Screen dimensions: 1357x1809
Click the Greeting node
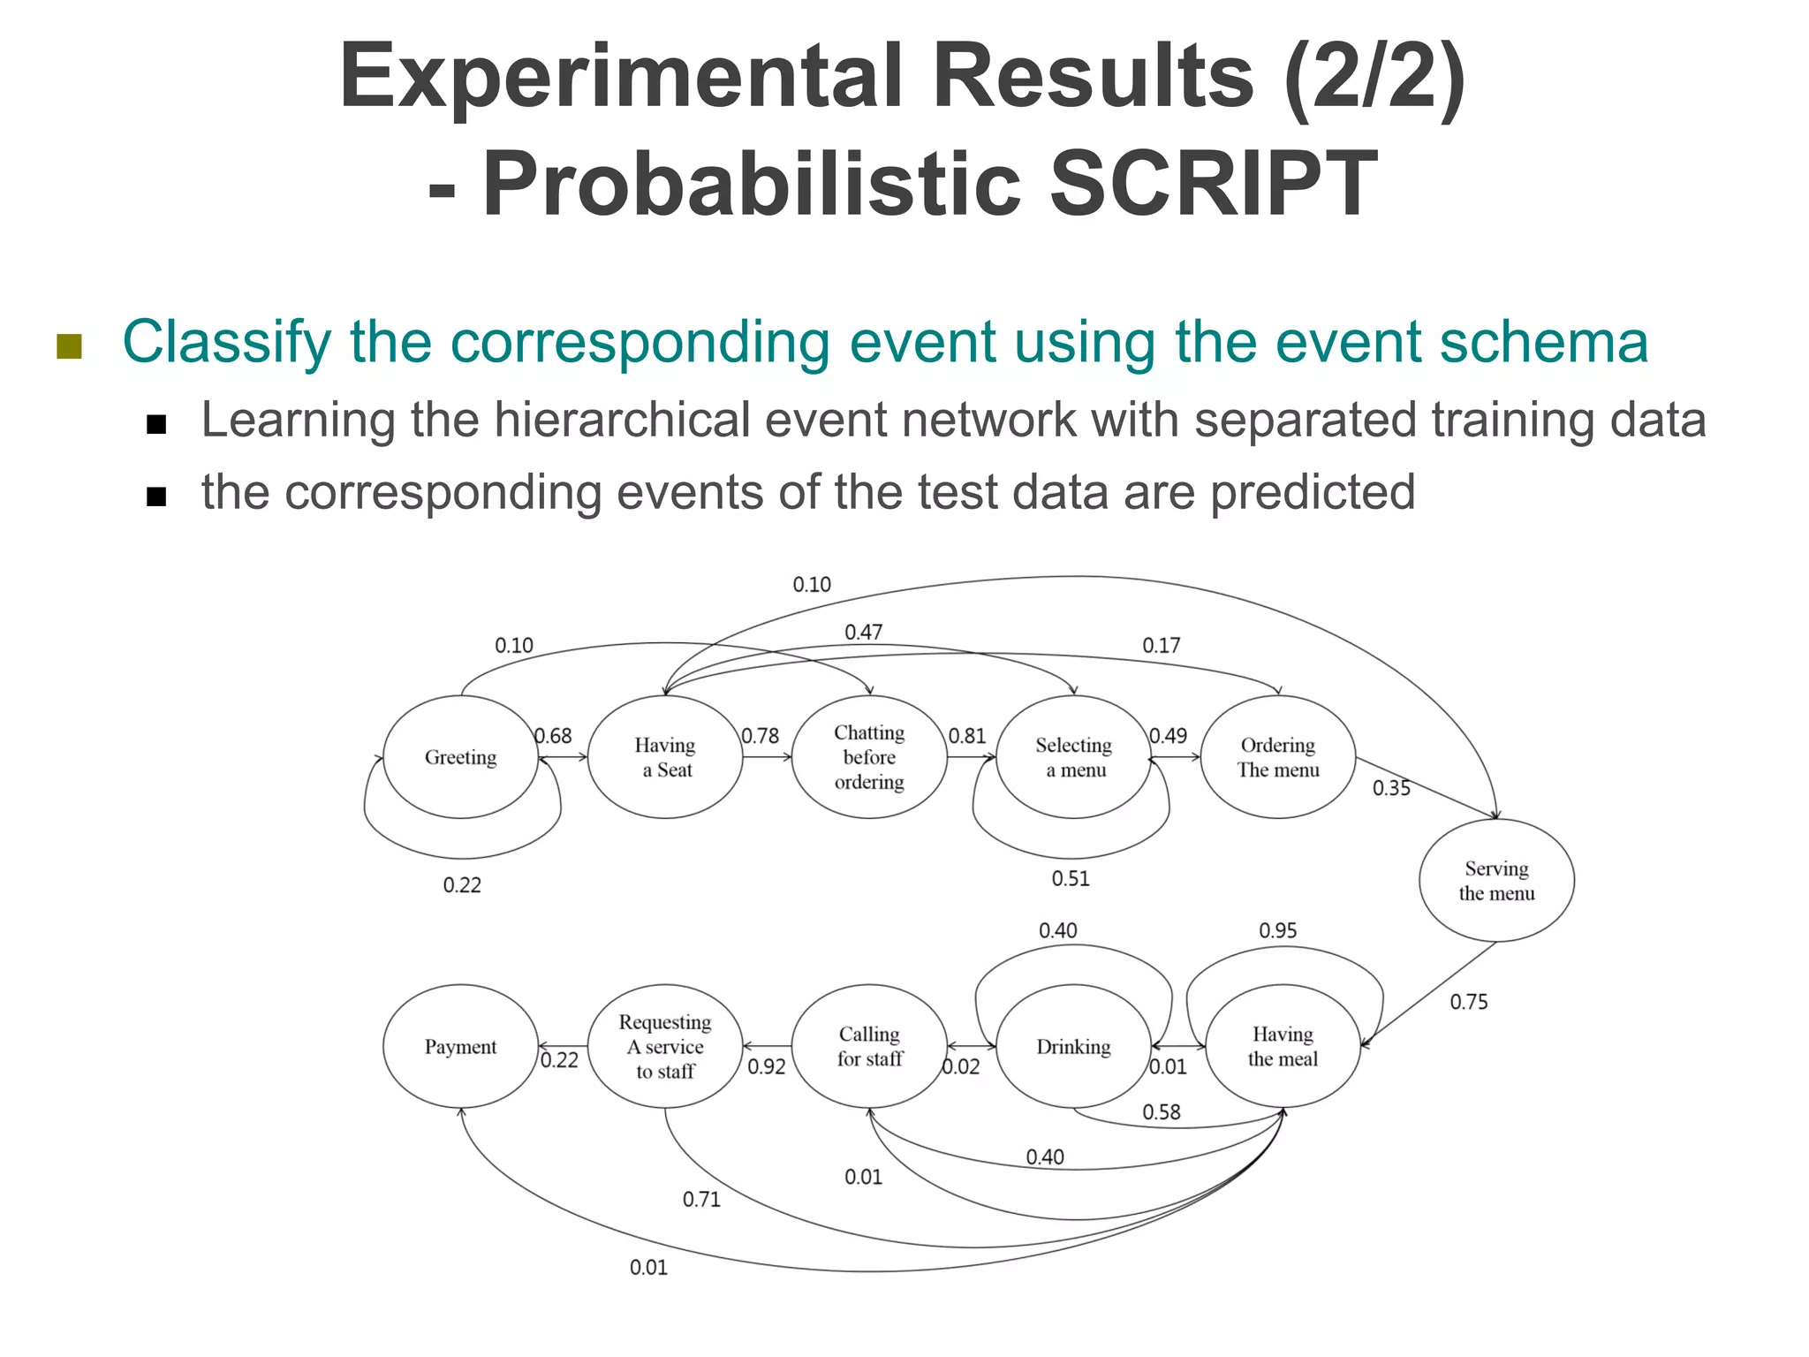pos(460,757)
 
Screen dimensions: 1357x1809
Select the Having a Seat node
pos(664,757)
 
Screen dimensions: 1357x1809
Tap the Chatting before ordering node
pos(869,757)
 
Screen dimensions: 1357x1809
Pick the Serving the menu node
pos(1496,880)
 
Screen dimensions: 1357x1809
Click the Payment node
pos(460,1046)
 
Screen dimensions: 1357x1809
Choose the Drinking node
pos(1073,1046)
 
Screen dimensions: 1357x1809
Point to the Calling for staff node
pos(869,1046)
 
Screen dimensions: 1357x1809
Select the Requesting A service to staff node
pos(664,1046)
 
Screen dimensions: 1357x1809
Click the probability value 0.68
pos(553,736)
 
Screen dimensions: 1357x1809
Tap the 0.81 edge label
pos(966,736)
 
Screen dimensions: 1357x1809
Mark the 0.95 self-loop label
pos(1277,930)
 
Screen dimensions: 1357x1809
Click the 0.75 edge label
pos(1468,1002)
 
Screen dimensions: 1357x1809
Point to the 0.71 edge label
pos(701,1199)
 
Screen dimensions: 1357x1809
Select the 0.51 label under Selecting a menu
pos(1070,878)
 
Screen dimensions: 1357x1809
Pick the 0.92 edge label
pos(766,1066)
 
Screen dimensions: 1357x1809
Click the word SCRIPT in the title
pos(1213,184)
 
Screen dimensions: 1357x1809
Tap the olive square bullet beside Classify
pos(69,346)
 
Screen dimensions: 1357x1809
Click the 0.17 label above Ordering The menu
pos(1161,645)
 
